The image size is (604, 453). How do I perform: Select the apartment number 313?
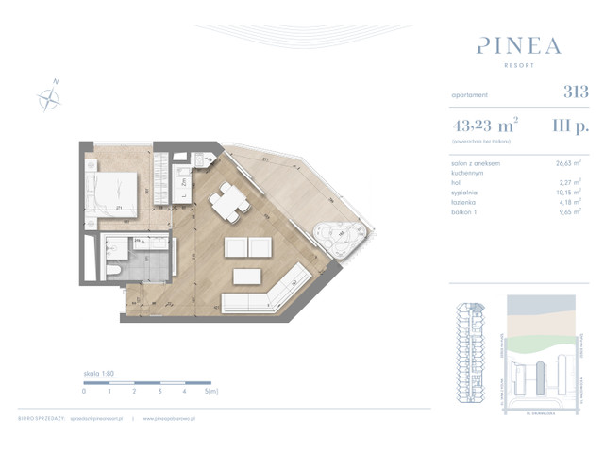point(575,92)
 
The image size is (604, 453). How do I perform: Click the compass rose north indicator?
point(48,95)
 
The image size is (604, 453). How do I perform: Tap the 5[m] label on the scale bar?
point(212,390)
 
